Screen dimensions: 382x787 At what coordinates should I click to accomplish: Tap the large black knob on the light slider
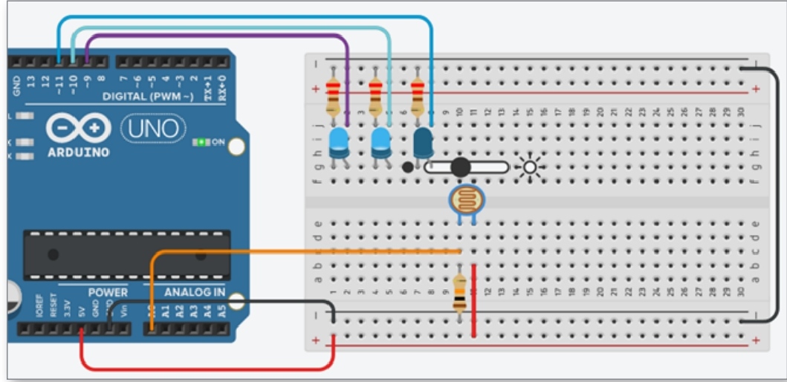460,167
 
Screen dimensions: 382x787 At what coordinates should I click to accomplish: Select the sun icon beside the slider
530,168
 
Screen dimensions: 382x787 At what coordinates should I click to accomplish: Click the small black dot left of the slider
407,167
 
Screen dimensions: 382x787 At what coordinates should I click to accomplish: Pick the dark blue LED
423,141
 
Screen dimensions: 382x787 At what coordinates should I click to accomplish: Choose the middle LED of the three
380,141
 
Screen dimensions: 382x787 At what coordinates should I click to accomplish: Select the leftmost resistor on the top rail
333,94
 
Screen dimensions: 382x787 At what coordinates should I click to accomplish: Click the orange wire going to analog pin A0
297,252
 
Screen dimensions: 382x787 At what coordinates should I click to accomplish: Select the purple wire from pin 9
223,36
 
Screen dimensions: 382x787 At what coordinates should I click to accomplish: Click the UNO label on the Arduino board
152,129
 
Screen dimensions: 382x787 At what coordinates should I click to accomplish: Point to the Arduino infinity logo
78,129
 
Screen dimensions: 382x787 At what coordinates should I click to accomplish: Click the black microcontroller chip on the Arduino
126,255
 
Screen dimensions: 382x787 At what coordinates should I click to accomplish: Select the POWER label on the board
108,292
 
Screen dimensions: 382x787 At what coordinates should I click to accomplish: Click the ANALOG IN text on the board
195,292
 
